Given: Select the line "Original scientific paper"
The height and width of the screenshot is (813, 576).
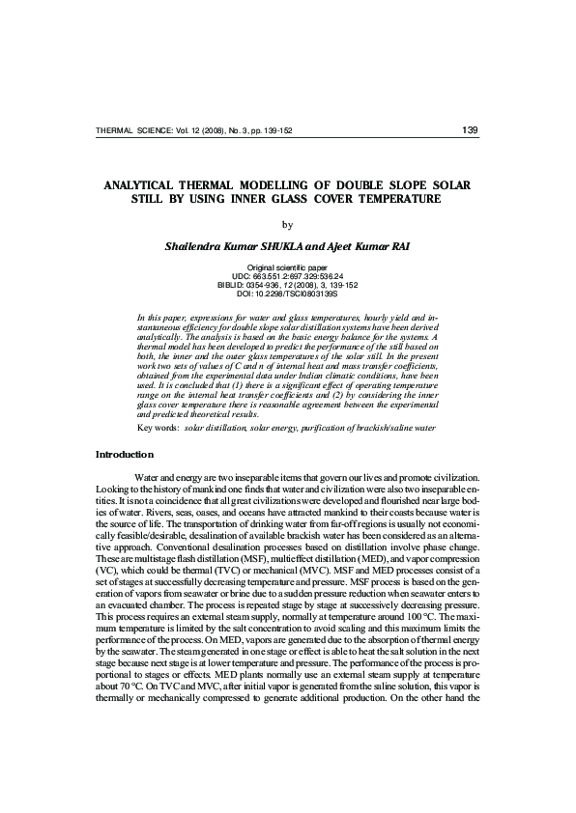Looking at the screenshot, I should (x=287, y=266).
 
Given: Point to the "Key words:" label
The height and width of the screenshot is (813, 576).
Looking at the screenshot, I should (x=158, y=427).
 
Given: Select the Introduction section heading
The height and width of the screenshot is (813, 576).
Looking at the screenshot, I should (x=124, y=454).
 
